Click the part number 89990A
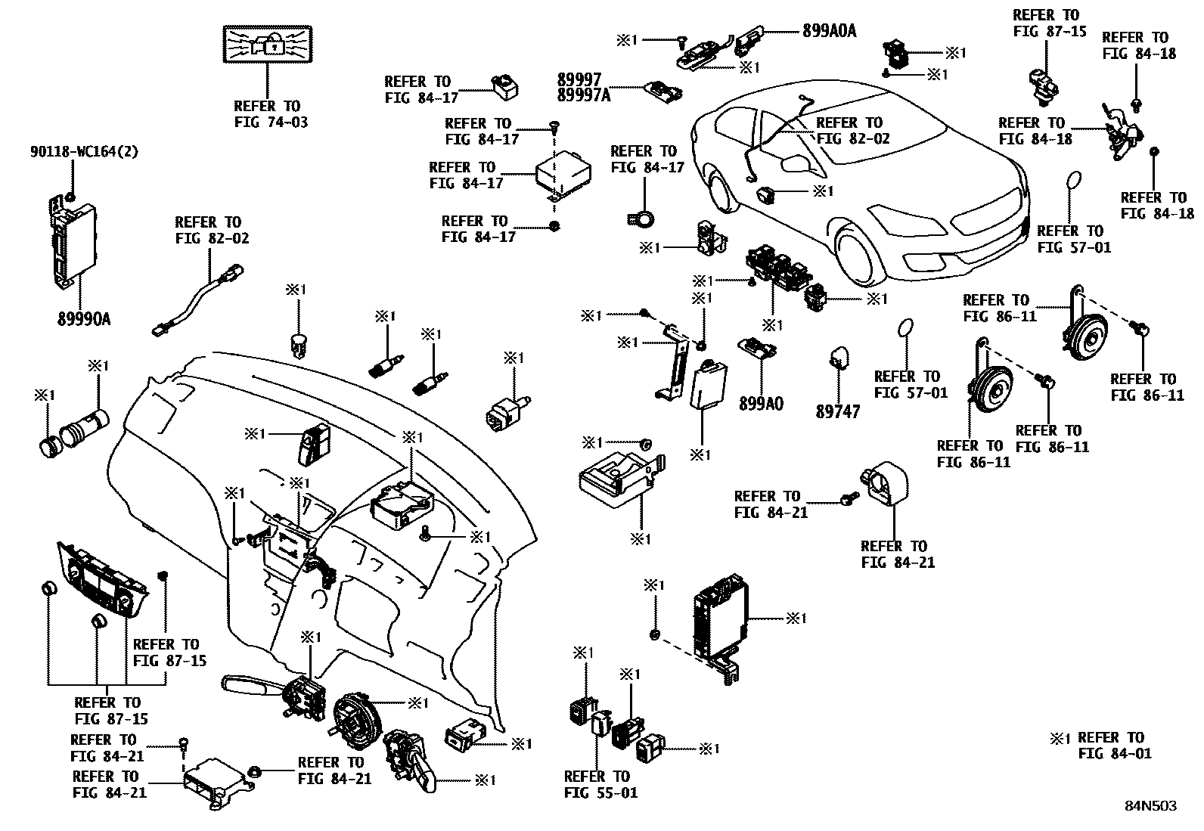tap(83, 319)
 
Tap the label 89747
tap(837, 413)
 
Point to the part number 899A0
tap(761, 405)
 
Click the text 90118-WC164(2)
tap(84, 152)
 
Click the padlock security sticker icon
tap(267, 44)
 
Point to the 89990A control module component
tap(67, 243)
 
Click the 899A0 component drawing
tap(756, 346)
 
